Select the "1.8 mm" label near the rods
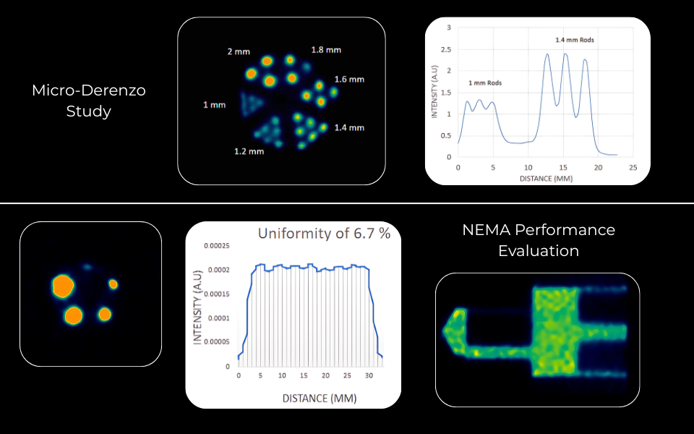click(326, 50)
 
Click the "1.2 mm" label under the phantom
click(249, 151)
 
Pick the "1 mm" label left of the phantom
click(214, 105)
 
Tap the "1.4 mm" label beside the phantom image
click(350, 127)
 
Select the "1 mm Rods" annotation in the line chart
click(485, 83)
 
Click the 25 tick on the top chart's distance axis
click(633, 167)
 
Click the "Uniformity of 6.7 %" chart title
click(325, 234)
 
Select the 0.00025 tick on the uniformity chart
click(217, 246)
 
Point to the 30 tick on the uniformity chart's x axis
click(369, 376)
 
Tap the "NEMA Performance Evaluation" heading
click(539, 240)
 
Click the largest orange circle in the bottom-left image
click(63, 286)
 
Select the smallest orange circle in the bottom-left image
click(113, 284)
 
